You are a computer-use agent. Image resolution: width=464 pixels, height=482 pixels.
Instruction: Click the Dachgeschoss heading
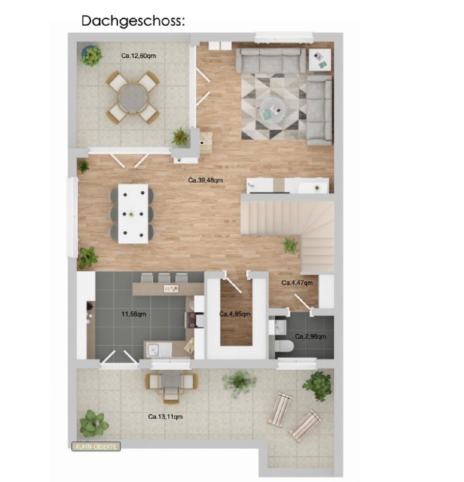pos(133,21)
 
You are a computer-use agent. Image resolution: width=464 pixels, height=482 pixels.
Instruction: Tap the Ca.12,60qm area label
pos(138,56)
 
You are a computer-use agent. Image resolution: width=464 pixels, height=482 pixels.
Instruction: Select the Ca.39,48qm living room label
pos(205,180)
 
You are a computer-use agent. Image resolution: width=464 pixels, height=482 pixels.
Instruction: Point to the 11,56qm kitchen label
pos(134,314)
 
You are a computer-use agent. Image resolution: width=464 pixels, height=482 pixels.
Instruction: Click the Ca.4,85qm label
pos(235,314)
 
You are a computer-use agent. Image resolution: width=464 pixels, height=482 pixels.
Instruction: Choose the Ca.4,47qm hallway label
pos(297,283)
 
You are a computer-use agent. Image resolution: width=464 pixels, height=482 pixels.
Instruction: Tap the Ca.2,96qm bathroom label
pos(310,337)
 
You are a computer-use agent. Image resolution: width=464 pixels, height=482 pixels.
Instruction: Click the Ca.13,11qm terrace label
pos(165,417)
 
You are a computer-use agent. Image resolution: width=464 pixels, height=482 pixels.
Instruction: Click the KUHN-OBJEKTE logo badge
pos(96,447)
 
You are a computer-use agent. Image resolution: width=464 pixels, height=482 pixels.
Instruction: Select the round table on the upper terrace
pos(133,98)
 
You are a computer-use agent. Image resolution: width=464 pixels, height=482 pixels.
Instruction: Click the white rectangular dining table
pos(133,214)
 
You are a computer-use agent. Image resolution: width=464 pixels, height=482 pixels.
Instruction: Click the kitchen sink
pos(152,349)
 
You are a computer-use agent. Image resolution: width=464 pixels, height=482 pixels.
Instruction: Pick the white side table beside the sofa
pos(320,60)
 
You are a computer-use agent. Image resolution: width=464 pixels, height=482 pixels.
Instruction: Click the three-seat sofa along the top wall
pos(273,60)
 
